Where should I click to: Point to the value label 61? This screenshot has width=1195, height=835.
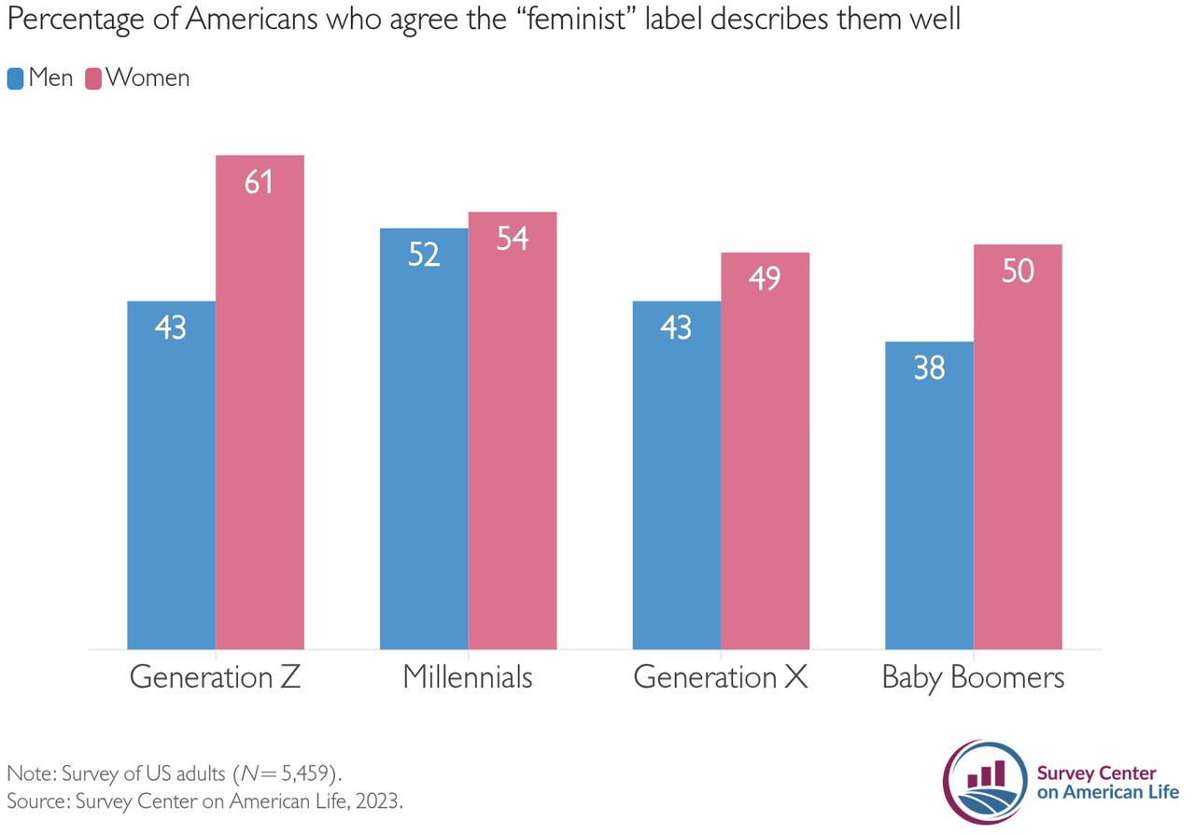tap(259, 182)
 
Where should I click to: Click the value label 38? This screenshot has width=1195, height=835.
tap(929, 369)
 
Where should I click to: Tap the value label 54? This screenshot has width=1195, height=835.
tap(513, 239)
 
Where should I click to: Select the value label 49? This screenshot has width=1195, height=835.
tap(765, 279)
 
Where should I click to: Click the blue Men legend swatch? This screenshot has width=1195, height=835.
tap(16, 78)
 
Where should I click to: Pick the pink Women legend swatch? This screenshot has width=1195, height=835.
tap(93, 78)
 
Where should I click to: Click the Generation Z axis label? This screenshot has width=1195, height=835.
tap(215, 677)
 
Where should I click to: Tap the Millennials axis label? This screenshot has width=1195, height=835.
tap(468, 677)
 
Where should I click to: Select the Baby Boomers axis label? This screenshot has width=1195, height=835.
tap(973, 677)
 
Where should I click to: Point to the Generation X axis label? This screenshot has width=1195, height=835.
tap(720, 677)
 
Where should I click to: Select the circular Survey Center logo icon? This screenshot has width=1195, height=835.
tap(986, 782)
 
